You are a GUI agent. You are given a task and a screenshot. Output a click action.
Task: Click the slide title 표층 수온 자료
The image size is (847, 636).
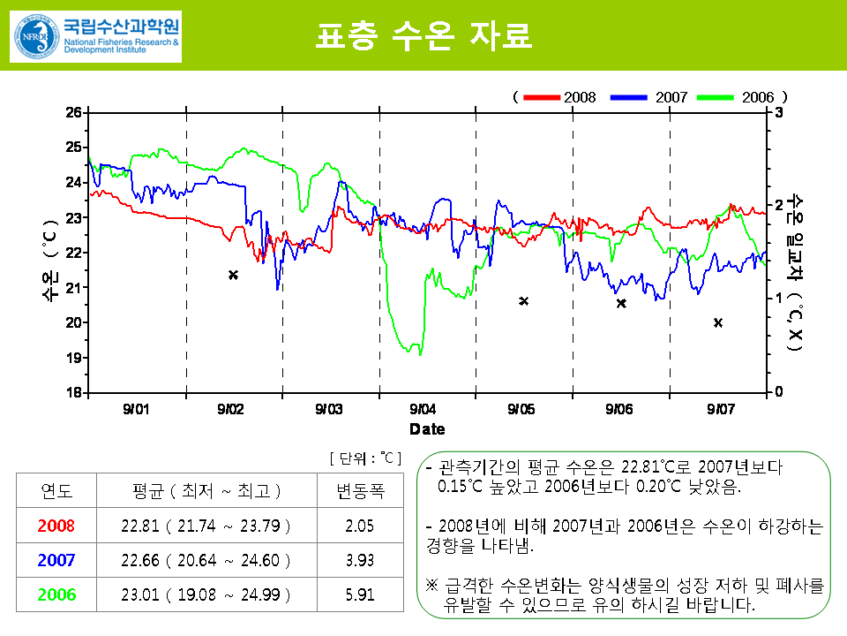pos(423,34)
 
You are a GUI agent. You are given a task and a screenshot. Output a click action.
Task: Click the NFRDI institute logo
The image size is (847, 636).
pos(95,35)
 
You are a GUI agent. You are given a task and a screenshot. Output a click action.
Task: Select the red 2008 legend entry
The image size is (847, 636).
pos(559,96)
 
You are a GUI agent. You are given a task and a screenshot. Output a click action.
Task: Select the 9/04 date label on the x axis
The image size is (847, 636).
pos(423,409)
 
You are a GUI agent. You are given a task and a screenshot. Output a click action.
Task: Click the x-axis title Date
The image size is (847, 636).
pos(427,429)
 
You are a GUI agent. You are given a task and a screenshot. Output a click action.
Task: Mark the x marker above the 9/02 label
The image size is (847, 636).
pos(233,275)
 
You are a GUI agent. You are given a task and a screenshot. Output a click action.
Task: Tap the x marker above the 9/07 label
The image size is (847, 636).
pos(718,322)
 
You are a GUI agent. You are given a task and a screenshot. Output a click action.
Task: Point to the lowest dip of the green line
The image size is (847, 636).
pos(420,354)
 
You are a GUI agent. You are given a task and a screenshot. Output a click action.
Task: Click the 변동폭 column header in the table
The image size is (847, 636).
pos(361,491)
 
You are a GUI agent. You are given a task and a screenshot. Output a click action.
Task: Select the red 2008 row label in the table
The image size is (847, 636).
pos(56,526)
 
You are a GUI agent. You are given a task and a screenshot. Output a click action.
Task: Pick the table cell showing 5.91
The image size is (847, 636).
pos(361,594)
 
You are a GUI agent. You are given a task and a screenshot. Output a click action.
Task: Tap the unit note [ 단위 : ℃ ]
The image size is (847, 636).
pos(364,458)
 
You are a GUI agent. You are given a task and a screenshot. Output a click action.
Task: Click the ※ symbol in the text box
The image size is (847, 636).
pos(431,586)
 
